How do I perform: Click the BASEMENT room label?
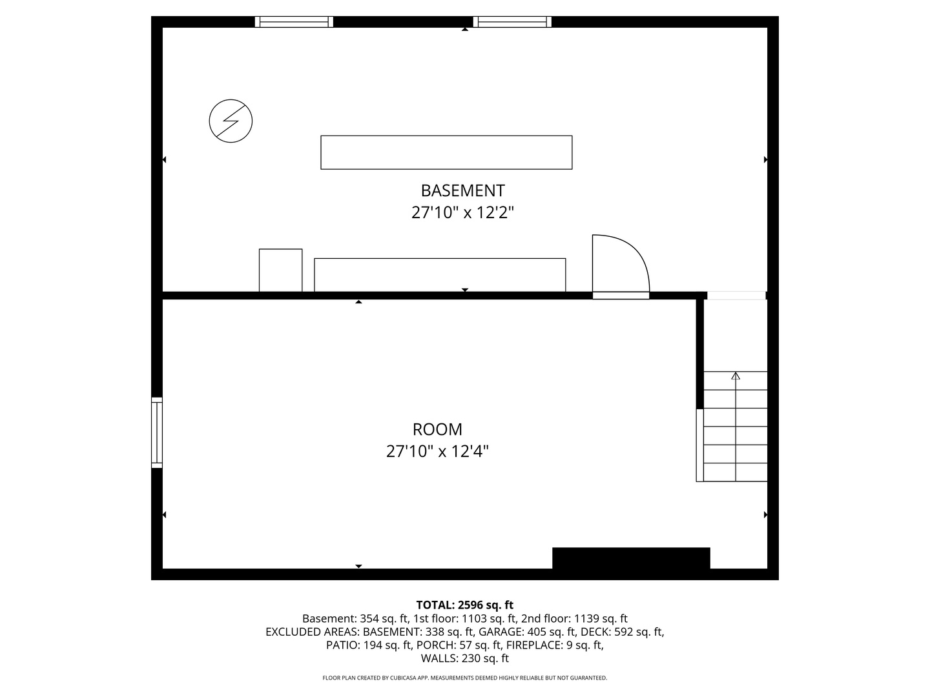(462, 190)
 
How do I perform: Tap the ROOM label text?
(437, 429)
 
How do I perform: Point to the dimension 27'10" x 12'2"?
(462, 212)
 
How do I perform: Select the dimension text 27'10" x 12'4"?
(437, 451)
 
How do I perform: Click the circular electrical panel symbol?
(231, 121)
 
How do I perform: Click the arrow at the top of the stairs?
(736, 376)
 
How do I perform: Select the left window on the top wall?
(294, 22)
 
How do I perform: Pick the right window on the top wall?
(512, 22)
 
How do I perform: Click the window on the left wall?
(157, 432)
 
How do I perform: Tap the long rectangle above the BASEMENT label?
(446, 152)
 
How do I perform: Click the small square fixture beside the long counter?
(280, 270)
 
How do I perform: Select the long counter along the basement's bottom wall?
(440, 275)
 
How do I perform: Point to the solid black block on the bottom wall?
(631, 558)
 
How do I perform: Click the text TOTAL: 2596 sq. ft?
(464, 605)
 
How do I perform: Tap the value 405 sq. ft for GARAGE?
(551, 632)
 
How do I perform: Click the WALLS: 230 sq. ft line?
(464, 659)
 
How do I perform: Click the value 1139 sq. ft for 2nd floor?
(602, 618)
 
